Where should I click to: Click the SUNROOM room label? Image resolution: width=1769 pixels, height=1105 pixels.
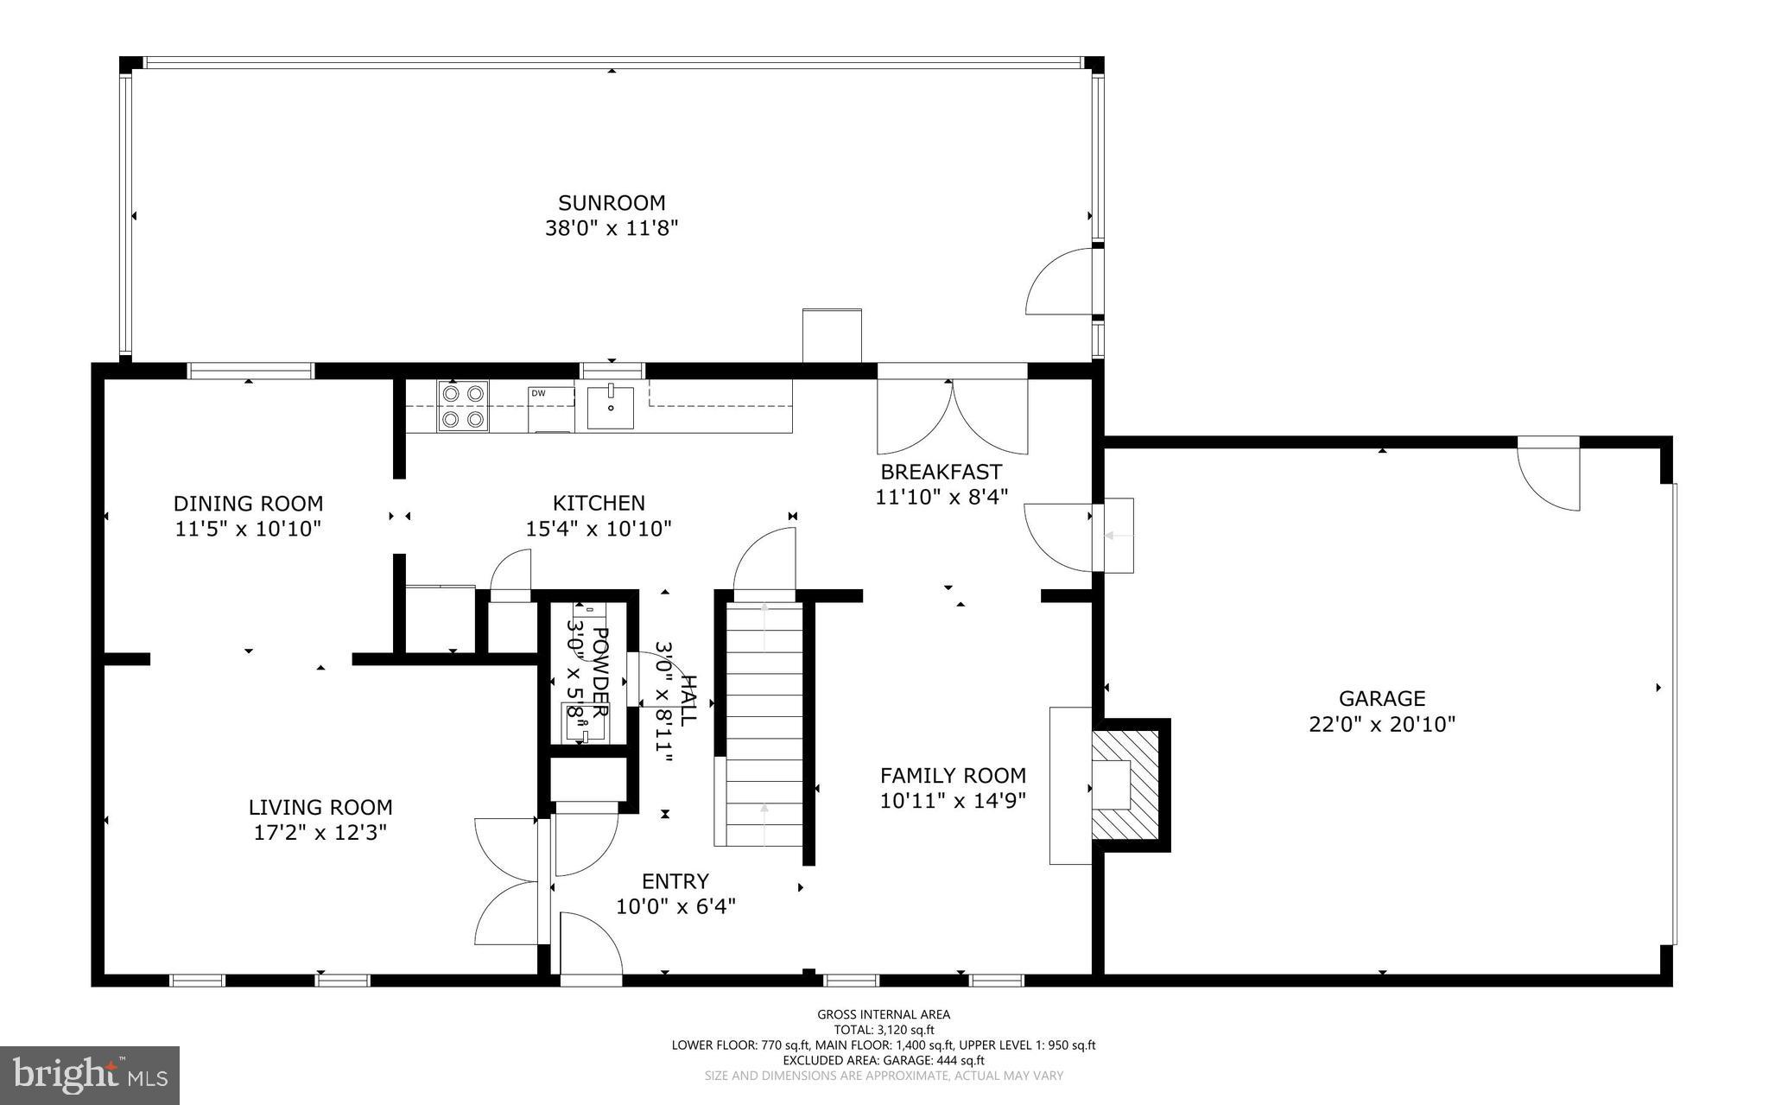(x=612, y=203)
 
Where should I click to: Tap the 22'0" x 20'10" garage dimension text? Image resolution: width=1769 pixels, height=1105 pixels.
(x=1382, y=724)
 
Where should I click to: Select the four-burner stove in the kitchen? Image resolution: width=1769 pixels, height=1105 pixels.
(x=463, y=406)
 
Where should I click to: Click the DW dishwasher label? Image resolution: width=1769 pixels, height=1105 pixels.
(x=538, y=394)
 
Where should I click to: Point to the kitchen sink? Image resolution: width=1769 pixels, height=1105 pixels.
(x=610, y=408)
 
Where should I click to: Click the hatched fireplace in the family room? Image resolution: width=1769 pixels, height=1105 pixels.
(x=1126, y=784)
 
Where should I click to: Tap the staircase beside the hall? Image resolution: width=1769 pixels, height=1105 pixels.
(x=764, y=726)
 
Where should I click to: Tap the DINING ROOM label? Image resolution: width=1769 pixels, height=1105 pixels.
(x=248, y=504)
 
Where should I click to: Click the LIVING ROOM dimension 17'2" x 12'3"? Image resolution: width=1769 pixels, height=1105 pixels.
(x=320, y=833)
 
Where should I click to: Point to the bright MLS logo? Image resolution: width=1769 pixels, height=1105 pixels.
(x=90, y=1075)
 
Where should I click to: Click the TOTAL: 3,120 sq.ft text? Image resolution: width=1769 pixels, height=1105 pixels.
(x=884, y=1030)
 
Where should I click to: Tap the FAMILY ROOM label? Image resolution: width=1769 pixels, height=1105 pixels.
(x=953, y=776)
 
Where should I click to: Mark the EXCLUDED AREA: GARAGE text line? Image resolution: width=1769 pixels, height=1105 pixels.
(x=884, y=1060)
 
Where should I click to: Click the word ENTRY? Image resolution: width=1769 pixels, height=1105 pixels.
(x=675, y=881)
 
